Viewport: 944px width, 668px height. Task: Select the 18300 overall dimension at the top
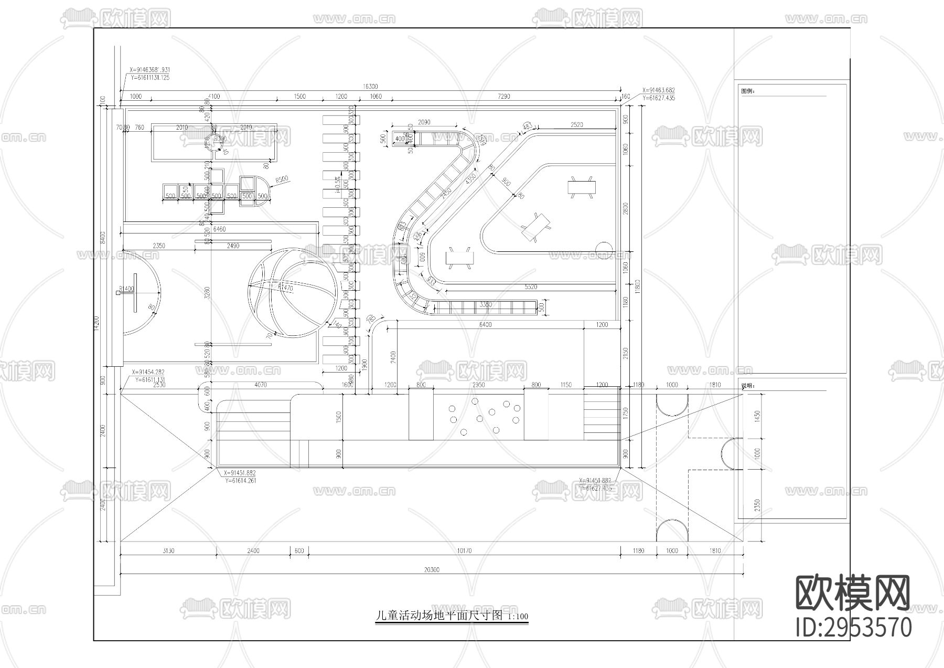pyautogui.click(x=370, y=87)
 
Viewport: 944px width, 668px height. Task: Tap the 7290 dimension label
pyautogui.click(x=503, y=97)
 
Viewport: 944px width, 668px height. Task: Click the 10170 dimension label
pyautogui.click(x=464, y=551)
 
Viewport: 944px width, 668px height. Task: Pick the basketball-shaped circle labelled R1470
pyautogui.click(x=293, y=292)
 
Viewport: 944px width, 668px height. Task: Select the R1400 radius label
pyautogui.click(x=126, y=289)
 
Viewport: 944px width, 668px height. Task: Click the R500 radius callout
pyautogui.click(x=282, y=179)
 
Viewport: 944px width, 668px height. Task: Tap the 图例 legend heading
pyautogui.click(x=748, y=91)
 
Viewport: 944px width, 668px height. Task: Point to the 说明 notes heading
pyautogui.click(x=748, y=386)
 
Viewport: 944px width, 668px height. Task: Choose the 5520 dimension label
pyautogui.click(x=531, y=287)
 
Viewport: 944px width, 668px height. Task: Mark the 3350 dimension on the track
pyautogui.click(x=486, y=304)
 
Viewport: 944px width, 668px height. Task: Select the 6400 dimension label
pyautogui.click(x=486, y=325)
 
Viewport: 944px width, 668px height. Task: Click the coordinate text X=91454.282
pyautogui.click(x=148, y=372)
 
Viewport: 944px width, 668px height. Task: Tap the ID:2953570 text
pyautogui.click(x=854, y=628)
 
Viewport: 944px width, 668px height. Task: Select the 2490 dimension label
pyautogui.click(x=233, y=246)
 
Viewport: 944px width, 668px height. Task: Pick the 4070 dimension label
pyautogui.click(x=260, y=385)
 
